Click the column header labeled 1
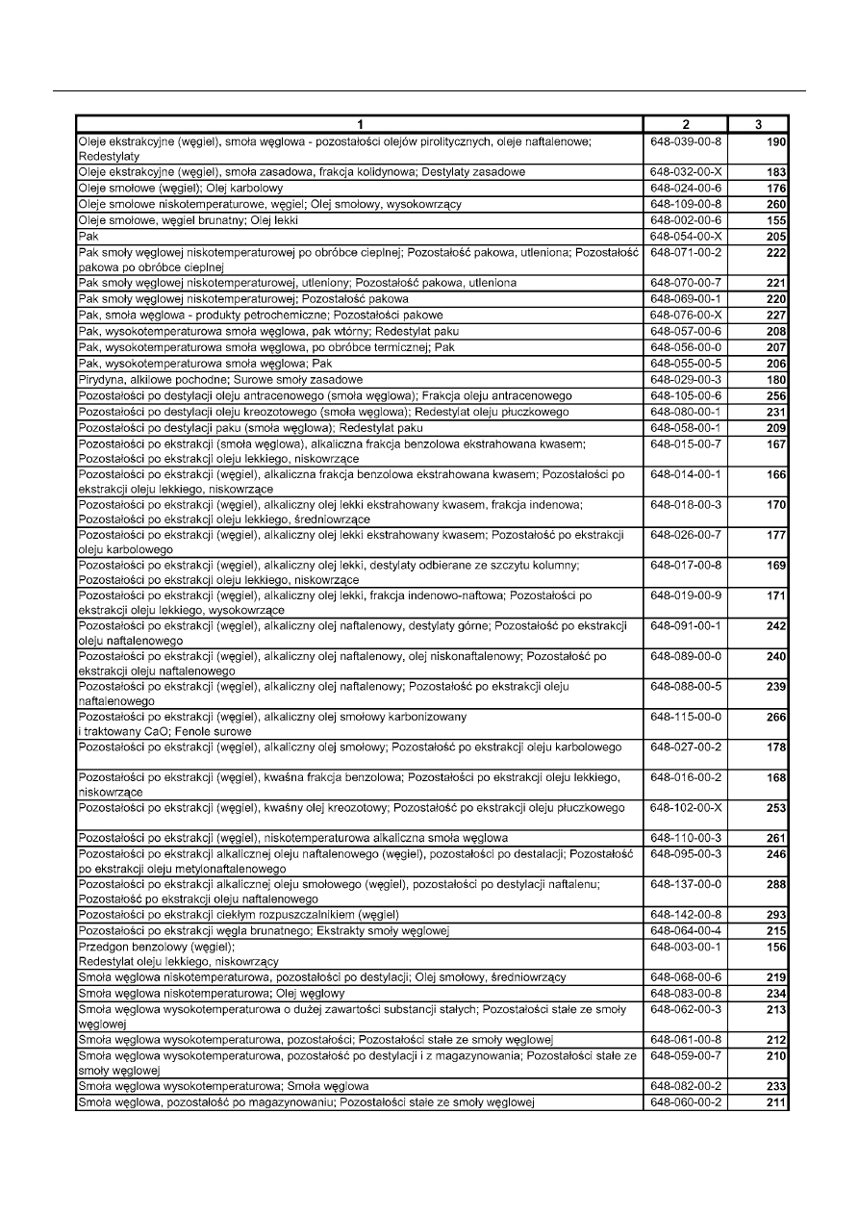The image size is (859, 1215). (359, 124)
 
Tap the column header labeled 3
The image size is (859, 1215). (759, 124)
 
